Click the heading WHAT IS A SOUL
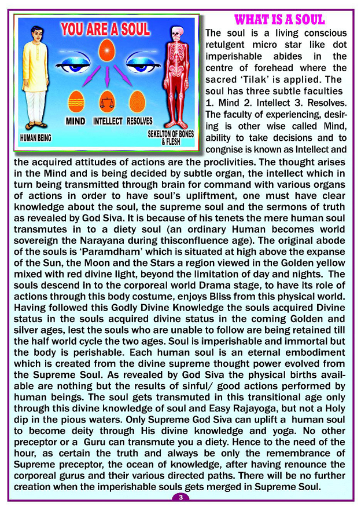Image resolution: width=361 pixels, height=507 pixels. [279, 20]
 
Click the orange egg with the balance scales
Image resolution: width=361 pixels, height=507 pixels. [106, 101]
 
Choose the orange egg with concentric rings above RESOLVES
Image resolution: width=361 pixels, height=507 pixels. [137, 101]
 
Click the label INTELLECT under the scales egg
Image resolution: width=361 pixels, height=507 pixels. [107, 121]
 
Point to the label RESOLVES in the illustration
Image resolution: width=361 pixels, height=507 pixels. [140, 121]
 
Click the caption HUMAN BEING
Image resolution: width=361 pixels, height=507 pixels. [36, 138]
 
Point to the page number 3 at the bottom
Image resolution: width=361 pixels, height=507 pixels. [181, 497]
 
